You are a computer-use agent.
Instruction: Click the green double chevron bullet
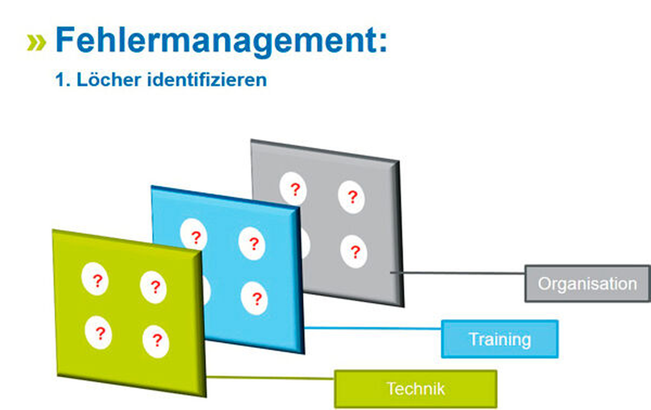pyautogui.click(x=36, y=42)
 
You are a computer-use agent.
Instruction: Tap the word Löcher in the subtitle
pyautogui.click(x=109, y=80)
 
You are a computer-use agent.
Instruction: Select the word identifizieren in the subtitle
pyautogui.click(x=207, y=80)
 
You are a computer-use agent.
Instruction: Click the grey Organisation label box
pyautogui.click(x=587, y=284)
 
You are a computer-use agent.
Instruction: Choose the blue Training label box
pyautogui.click(x=500, y=339)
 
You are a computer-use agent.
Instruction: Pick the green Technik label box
pyautogui.click(x=415, y=389)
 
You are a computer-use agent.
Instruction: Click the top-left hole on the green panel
pyautogui.click(x=95, y=279)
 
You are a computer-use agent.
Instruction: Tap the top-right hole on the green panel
pyautogui.click(x=153, y=287)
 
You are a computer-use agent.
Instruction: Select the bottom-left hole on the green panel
pyautogui.click(x=99, y=332)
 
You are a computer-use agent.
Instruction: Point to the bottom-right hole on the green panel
pyautogui.click(x=156, y=341)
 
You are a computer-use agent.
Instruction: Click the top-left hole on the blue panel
pyautogui.click(x=194, y=235)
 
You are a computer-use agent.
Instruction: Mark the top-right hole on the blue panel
pyautogui.click(x=252, y=243)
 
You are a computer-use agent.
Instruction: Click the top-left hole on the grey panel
pyautogui.click(x=293, y=188)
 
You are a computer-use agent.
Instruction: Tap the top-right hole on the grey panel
pyautogui.click(x=351, y=197)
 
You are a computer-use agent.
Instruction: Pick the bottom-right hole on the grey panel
pyautogui.click(x=354, y=251)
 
